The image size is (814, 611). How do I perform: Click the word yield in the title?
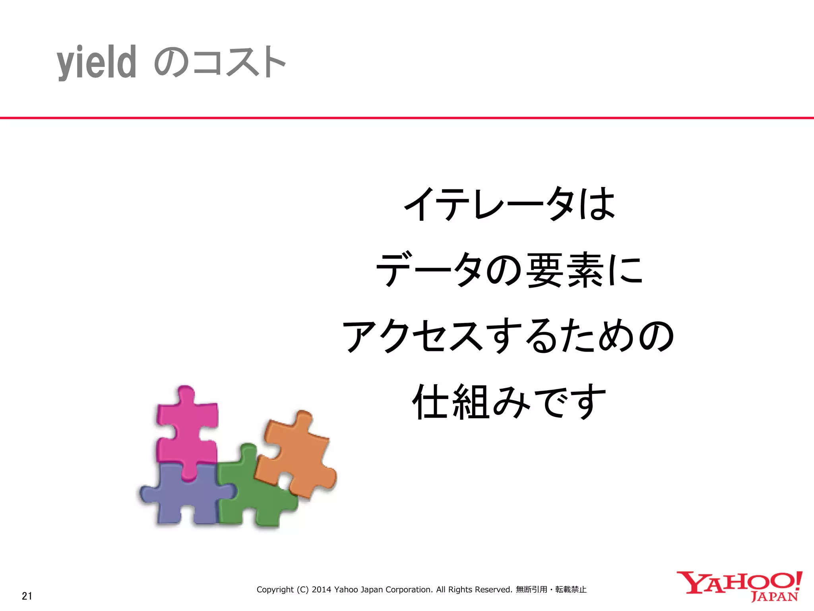(x=97, y=62)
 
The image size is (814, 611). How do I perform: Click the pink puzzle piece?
(x=187, y=430)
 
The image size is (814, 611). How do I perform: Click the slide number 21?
(x=27, y=596)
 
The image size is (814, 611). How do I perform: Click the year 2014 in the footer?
(x=321, y=590)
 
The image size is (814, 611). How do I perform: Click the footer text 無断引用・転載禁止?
(x=551, y=590)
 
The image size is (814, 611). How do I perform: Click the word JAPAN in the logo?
(x=774, y=597)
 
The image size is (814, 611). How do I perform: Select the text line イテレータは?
(x=510, y=204)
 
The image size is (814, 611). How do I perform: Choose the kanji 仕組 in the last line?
(x=451, y=402)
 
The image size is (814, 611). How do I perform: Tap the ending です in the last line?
(x=569, y=402)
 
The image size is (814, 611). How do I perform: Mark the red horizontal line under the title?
(x=407, y=118)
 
